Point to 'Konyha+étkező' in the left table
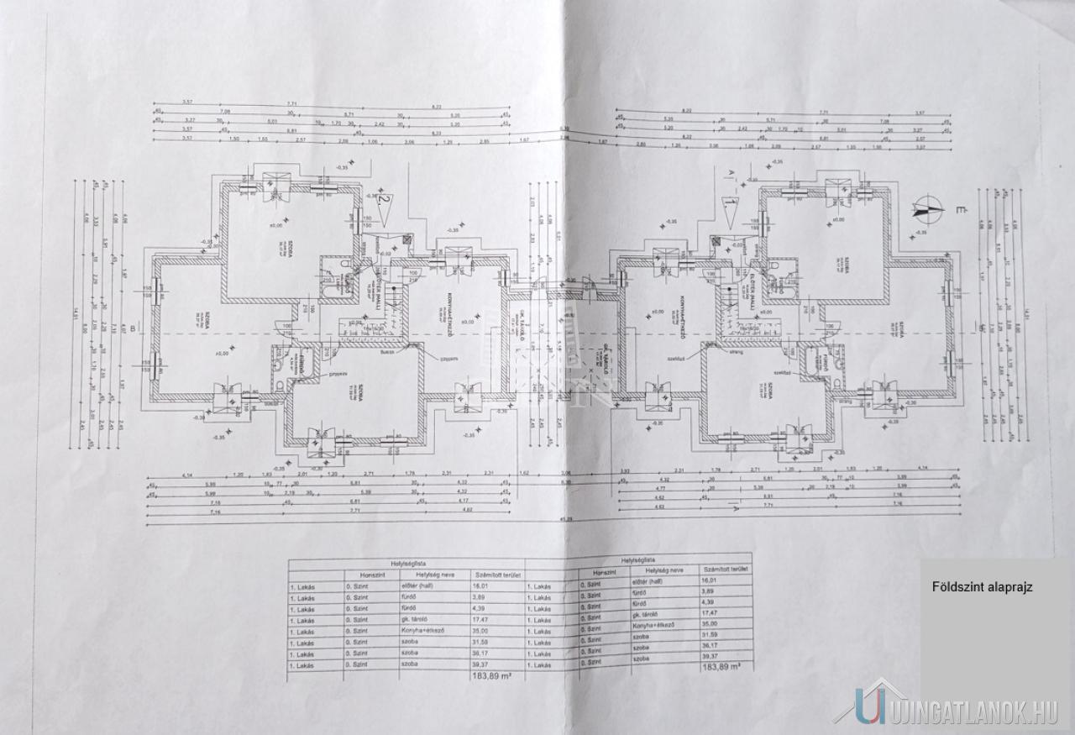371,631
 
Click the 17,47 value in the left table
486,620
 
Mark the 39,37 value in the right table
711,656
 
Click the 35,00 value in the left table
486,631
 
